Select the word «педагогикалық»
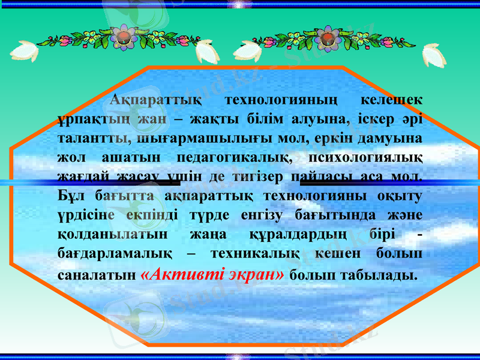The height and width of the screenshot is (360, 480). click(234, 158)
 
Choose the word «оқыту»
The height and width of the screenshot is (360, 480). click(400, 197)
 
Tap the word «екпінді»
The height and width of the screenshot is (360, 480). click(148, 216)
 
